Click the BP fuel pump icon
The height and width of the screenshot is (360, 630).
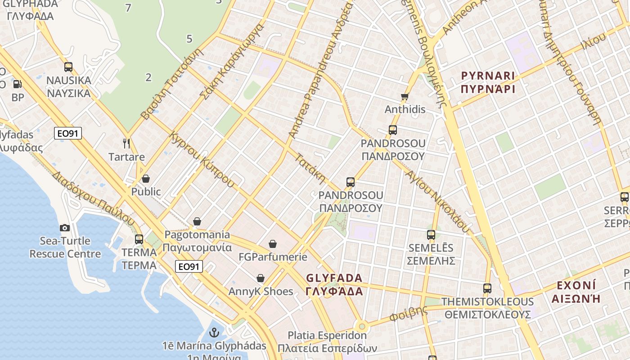17,84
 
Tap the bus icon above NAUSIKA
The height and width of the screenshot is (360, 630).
68,67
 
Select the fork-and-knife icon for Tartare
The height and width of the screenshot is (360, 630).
126,144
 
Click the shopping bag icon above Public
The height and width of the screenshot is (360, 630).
145,179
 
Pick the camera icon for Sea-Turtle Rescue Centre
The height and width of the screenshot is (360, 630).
65,228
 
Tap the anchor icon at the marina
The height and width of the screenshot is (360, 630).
215,333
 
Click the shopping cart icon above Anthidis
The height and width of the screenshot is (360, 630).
405,96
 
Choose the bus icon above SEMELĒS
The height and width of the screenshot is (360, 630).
431,234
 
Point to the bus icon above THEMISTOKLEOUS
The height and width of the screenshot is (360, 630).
487,288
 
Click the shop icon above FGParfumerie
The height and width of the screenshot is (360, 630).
273,244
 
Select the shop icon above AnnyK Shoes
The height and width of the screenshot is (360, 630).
261,278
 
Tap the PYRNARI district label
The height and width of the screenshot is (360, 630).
488,82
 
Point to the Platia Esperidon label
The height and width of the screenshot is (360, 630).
327,342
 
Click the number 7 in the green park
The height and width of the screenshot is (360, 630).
129,8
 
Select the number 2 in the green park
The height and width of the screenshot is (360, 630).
148,77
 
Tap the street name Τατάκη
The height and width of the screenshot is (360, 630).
310,169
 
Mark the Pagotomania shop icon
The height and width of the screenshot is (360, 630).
197,221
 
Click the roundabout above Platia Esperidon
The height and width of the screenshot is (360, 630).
361,326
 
